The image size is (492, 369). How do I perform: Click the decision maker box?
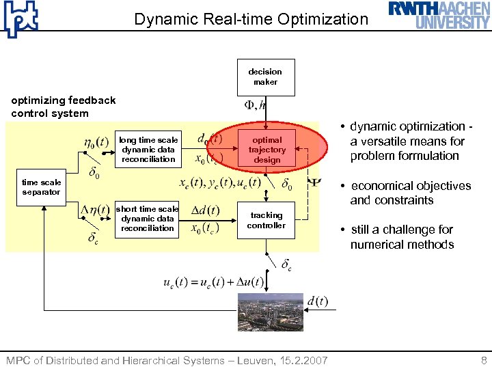(x=265, y=77)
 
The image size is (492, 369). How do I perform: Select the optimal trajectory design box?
(x=267, y=150)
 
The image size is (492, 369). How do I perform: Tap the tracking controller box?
(x=265, y=220)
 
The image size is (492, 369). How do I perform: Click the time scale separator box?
(x=41, y=187)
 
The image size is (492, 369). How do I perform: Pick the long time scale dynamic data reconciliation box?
(x=148, y=150)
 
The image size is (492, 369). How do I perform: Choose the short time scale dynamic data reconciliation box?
(x=148, y=219)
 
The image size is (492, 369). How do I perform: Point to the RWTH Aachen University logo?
(x=439, y=15)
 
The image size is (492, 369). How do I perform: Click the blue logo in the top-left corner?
(x=20, y=19)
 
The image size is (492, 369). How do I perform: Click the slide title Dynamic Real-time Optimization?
(x=251, y=19)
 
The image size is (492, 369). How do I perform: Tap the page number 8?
(x=484, y=359)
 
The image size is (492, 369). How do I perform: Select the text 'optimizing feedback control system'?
(x=64, y=107)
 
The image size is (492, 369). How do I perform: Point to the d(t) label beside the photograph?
(x=317, y=301)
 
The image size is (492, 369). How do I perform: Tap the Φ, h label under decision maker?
(x=256, y=105)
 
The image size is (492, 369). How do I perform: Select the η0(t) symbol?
(x=96, y=143)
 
